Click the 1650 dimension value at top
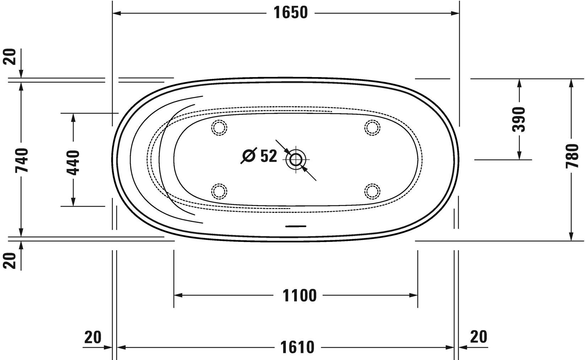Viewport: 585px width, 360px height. point(290,13)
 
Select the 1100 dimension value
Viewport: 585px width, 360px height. point(299,295)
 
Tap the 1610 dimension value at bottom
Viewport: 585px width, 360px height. point(297,347)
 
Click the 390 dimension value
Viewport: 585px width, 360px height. point(519,119)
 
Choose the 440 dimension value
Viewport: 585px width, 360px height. point(73,162)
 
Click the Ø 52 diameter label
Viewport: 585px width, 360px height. point(259,156)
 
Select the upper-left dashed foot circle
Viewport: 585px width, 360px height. point(219,128)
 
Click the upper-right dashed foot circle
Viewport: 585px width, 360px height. point(372,128)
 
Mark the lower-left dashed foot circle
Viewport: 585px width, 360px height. point(219,191)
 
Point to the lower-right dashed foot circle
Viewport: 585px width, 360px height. point(372,191)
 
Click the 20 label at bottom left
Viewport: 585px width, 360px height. point(93,337)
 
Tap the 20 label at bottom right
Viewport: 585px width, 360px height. point(478,337)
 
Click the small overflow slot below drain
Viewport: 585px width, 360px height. point(296,226)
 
